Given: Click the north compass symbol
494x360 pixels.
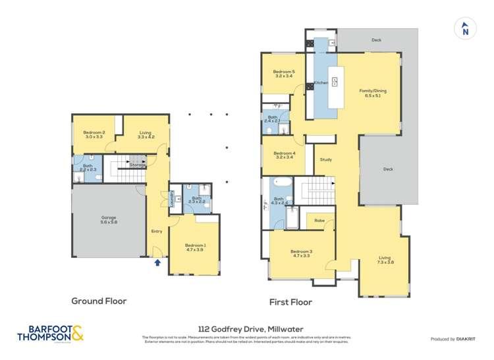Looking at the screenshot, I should (x=465, y=28).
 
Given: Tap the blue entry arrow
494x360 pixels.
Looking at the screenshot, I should (x=157, y=263).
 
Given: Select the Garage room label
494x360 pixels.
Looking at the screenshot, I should (x=109, y=220).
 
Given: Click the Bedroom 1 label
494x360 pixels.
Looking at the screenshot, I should (x=196, y=247).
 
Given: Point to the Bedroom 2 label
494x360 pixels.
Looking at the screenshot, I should (x=94, y=135).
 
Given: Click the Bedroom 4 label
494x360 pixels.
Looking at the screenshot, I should (x=284, y=156).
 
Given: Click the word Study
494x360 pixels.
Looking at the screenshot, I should (x=325, y=160).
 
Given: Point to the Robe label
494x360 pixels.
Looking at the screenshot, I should (x=319, y=220).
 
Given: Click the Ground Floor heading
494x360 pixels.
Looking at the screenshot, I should (x=99, y=301).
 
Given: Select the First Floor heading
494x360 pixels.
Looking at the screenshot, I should (x=290, y=302).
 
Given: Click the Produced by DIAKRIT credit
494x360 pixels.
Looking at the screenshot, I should (x=453, y=339).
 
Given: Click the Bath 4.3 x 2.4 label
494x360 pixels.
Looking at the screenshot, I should (x=280, y=201).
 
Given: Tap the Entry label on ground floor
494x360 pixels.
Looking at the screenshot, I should (x=157, y=231).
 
